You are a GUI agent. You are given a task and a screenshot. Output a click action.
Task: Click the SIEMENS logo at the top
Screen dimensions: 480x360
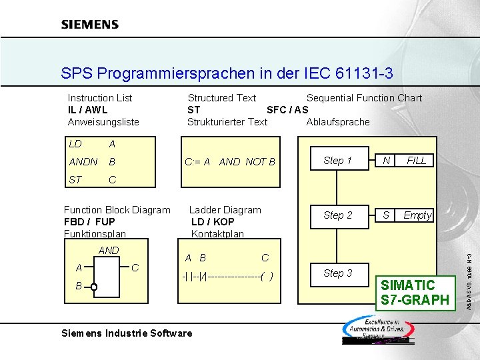coord(90,25)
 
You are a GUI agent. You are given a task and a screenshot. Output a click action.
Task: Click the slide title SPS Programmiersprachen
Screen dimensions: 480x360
coord(227,73)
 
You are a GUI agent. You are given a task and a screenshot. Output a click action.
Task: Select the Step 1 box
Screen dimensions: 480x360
coord(337,161)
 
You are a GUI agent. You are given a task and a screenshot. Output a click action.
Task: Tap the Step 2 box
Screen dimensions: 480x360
coord(337,215)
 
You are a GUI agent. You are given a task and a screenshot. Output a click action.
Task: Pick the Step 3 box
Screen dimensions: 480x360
coord(337,273)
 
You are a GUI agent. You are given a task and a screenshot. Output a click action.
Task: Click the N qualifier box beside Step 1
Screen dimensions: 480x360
coord(386,161)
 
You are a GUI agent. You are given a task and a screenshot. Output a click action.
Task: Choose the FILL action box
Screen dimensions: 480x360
coord(417,161)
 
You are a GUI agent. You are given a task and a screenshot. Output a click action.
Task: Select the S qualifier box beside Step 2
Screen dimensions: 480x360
coord(386,215)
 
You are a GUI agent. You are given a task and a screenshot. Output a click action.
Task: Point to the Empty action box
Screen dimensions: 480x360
coord(417,215)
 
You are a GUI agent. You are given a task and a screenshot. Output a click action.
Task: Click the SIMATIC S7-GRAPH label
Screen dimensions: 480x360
coord(415,293)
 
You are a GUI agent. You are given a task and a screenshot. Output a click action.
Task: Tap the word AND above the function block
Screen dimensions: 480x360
coord(109,251)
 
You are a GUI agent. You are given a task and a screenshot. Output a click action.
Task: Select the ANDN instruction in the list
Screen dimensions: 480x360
coord(83,162)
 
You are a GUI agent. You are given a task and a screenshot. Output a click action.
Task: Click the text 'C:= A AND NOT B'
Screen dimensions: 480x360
coord(229,162)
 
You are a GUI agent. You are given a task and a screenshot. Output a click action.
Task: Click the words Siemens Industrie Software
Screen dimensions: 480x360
coord(127,333)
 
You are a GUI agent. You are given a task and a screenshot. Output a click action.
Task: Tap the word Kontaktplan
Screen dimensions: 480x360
coord(217,234)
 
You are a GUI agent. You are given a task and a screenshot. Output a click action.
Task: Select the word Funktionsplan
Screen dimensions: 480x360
coord(95,234)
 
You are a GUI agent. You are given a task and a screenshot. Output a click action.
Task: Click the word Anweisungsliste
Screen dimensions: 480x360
coord(103,122)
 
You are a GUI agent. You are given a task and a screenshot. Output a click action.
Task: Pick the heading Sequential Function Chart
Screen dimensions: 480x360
coord(364,98)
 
